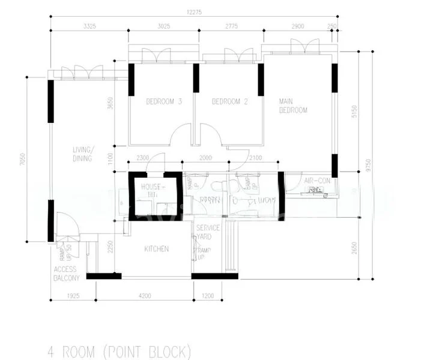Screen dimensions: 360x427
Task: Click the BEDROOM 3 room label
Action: coord(164,102)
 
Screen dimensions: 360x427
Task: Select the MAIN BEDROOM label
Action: coord(292,106)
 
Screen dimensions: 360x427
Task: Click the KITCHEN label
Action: coord(156,249)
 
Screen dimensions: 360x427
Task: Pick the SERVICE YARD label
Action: coord(208,232)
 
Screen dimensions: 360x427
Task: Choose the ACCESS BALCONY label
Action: coord(66,274)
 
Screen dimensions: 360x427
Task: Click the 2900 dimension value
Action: coord(297,26)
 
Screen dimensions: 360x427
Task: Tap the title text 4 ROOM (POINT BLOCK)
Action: coord(120,350)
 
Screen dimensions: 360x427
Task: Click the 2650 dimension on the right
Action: coord(354,248)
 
